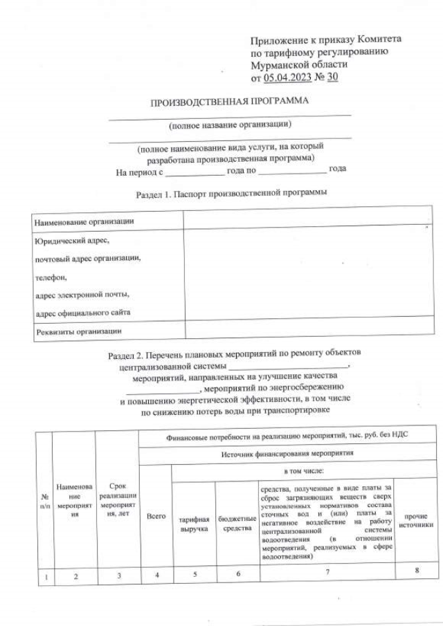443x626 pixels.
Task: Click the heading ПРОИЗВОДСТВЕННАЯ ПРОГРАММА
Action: coord(230,102)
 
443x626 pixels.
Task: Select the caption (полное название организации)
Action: coord(230,125)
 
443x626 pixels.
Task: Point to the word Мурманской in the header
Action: coord(281,64)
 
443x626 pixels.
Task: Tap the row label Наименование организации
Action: coord(84,221)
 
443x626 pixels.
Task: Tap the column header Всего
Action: coord(155,517)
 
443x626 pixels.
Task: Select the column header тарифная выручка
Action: coord(193,522)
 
